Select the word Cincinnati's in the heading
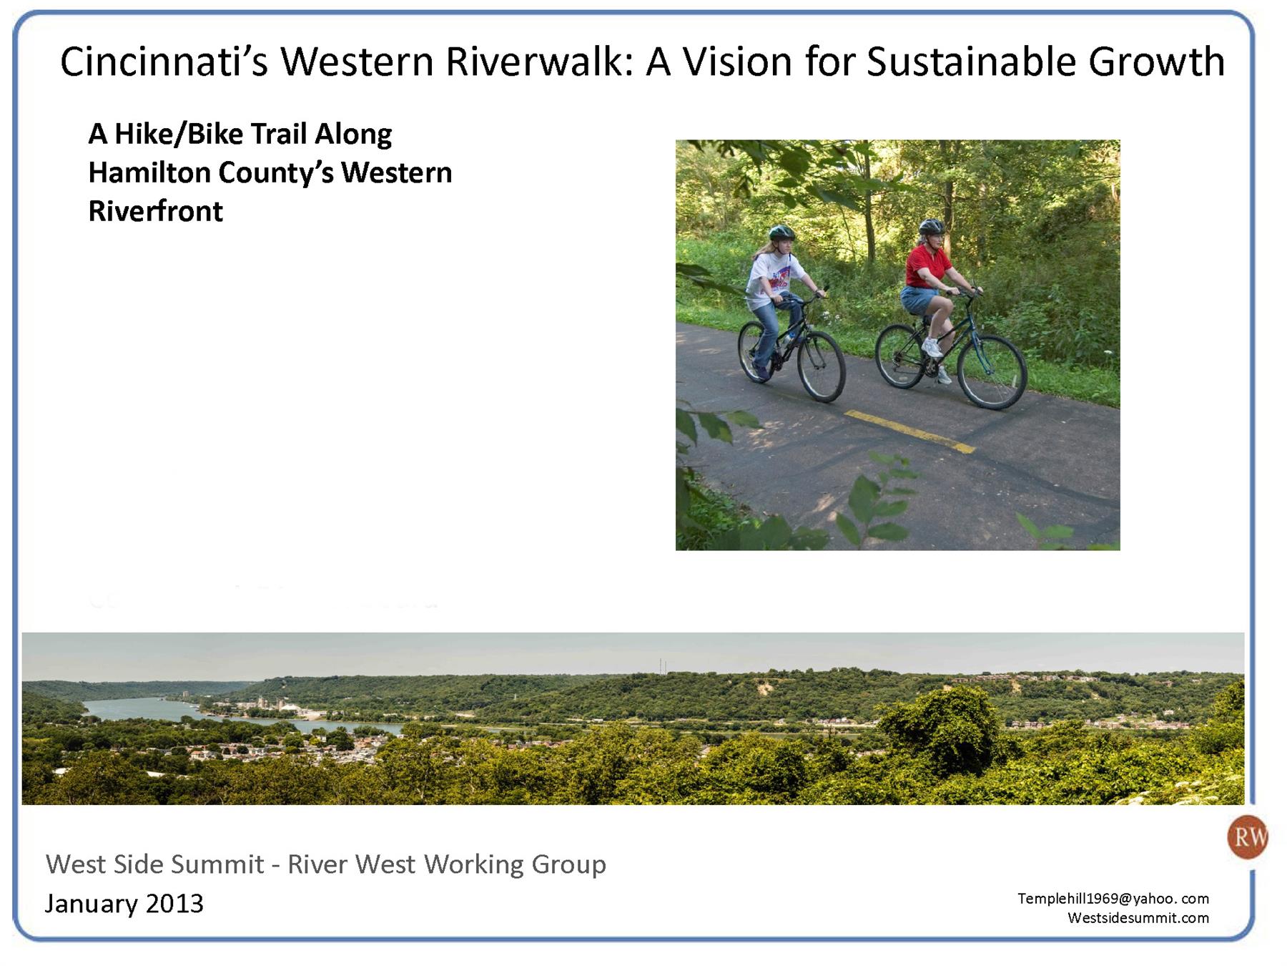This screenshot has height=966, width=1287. click(x=164, y=62)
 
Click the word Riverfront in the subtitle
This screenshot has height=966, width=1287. click(x=155, y=211)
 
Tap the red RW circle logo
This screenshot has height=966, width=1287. click(x=1247, y=836)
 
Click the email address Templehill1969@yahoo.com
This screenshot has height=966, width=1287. click(x=1113, y=899)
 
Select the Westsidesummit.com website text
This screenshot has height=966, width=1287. click(x=1138, y=918)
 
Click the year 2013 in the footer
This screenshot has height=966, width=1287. click(x=174, y=904)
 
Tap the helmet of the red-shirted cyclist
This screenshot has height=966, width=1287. click(x=932, y=227)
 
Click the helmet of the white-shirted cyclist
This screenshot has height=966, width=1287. click(x=781, y=232)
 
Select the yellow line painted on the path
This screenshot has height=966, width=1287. click(x=909, y=431)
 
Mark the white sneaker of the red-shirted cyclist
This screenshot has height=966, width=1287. click(x=932, y=348)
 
